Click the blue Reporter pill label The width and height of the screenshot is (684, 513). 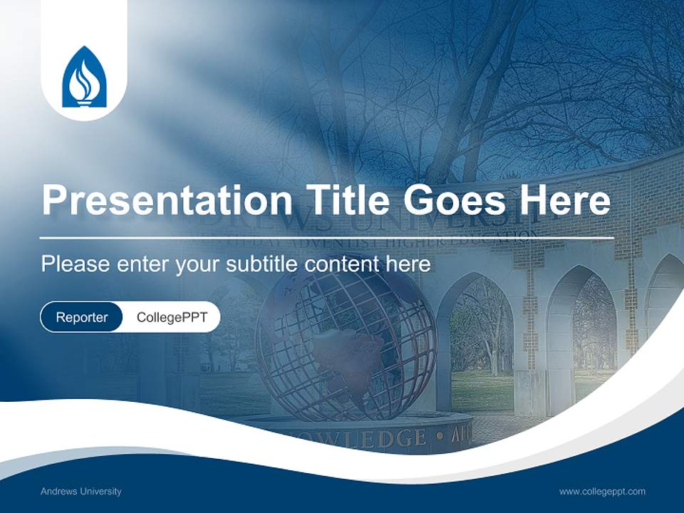tap(81, 317)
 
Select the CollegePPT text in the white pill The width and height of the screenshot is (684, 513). tap(172, 317)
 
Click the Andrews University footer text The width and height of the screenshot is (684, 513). tap(81, 491)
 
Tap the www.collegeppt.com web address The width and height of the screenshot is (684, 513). tap(602, 491)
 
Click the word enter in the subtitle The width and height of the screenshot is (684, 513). tap(142, 264)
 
